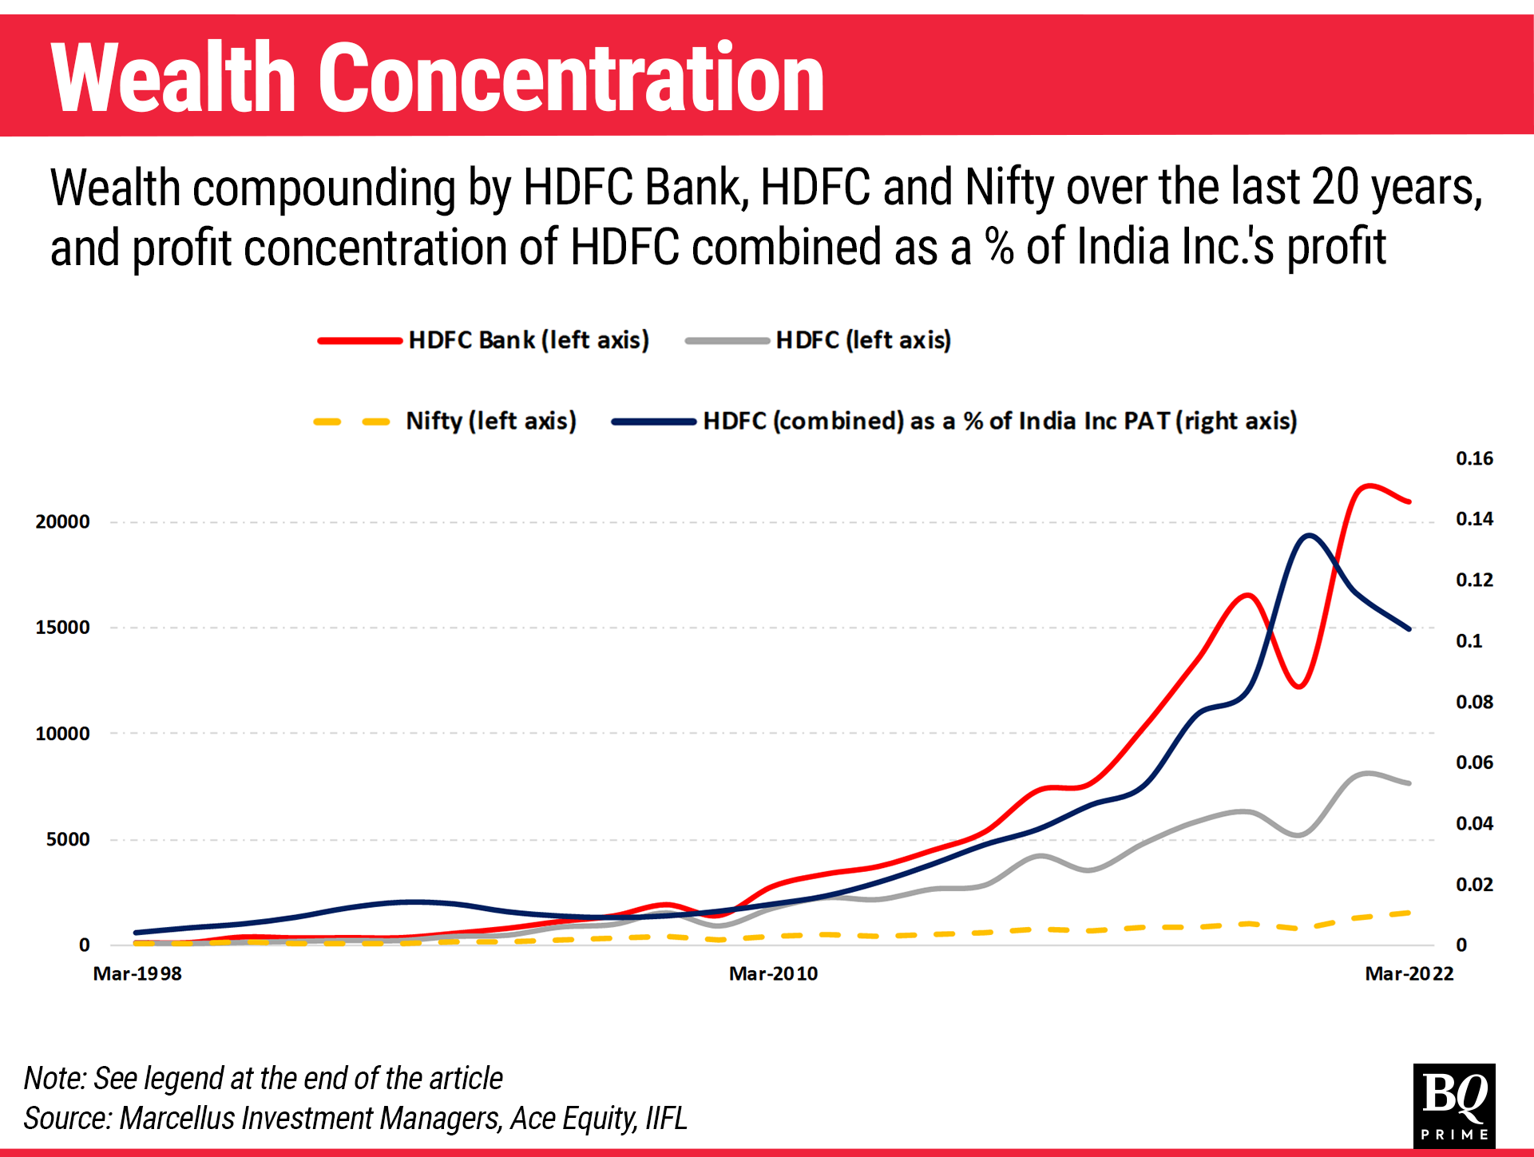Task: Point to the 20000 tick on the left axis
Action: click(x=62, y=521)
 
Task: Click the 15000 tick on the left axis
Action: click(x=62, y=628)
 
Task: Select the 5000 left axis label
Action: click(x=68, y=839)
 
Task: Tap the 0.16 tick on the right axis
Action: click(x=1474, y=458)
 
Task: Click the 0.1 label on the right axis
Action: click(x=1469, y=641)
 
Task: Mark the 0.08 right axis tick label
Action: click(x=1474, y=702)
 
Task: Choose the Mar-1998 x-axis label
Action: click(x=137, y=973)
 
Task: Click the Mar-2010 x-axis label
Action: click(x=773, y=973)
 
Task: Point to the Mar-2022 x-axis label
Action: click(x=1409, y=973)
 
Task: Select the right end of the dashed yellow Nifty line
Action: click(x=1409, y=913)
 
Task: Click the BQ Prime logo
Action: click(x=1453, y=1105)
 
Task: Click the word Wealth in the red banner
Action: click(x=173, y=78)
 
